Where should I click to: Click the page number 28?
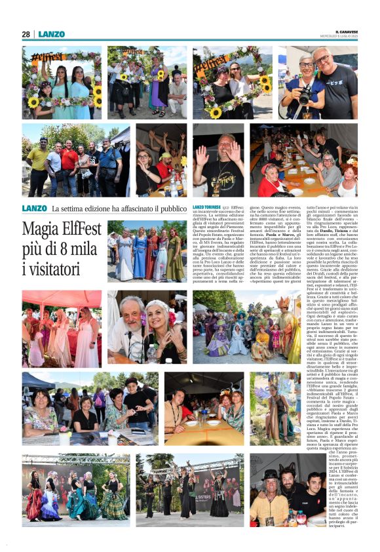click(x=26, y=34)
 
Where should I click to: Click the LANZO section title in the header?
click(x=51, y=34)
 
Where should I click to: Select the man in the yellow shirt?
click(x=37, y=163)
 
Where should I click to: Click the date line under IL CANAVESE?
click(x=345, y=37)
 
